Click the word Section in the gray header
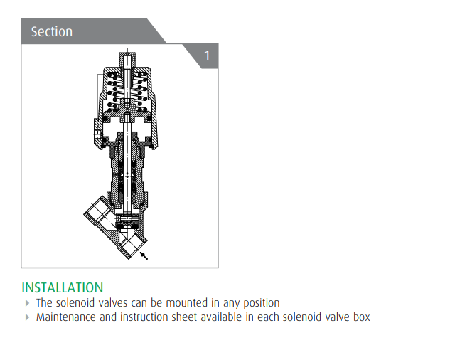[x=52, y=31]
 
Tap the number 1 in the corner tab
[x=207, y=55]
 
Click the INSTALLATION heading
[x=63, y=287]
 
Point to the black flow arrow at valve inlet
[x=144, y=255]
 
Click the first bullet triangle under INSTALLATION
[x=27, y=303]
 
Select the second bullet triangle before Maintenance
[x=27, y=317]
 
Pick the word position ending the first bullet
[x=262, y=303]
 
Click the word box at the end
[x=362, y=317]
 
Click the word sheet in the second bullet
[x=185, y=317]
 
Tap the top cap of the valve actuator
[x=127, y=59]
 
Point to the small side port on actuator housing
[x=97, y=134]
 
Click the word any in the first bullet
[x=232, y=304]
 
